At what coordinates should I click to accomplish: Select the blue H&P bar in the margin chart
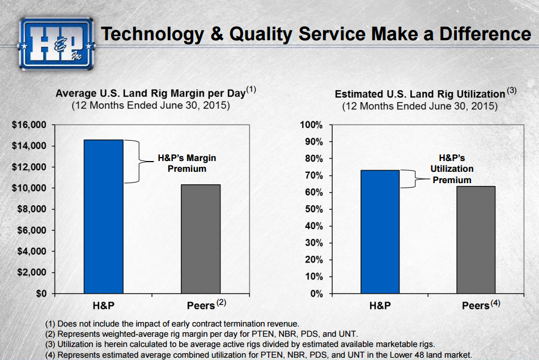click(103, 217)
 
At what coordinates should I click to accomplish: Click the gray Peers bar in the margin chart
click(201, 239)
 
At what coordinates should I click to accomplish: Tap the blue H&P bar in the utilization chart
click(380, 232)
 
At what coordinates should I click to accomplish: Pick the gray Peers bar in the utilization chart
click(476, 240)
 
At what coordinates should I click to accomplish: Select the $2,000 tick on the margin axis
click(31, 273)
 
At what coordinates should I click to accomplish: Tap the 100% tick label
click(311, 125)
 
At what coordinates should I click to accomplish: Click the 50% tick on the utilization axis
click(313, 209)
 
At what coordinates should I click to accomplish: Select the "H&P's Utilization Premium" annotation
click(452, 169)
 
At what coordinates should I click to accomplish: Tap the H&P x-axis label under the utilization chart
click(380, 306)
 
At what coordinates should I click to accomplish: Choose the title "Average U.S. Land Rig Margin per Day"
click(150, 93)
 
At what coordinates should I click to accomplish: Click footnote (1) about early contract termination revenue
click(172, 323)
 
